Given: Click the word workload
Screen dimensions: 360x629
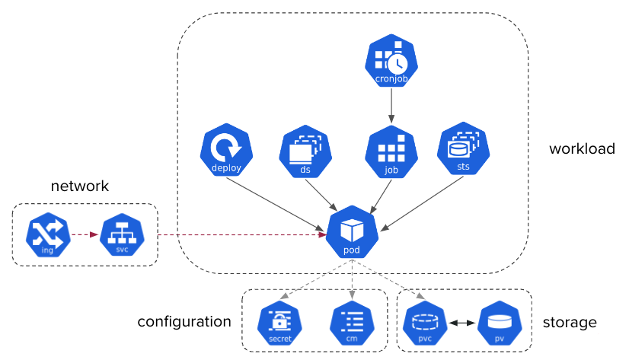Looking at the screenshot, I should [582, 149].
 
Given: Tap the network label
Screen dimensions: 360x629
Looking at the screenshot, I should [80, 186].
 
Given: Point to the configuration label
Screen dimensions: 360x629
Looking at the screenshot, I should [184, 322].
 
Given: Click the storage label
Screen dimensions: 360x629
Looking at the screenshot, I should [570, 323].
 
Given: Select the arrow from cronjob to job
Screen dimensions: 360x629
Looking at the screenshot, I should [391, 105].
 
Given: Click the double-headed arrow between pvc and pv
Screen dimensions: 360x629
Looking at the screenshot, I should [461, 323].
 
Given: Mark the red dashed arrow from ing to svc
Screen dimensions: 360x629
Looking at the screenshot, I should [85, 234].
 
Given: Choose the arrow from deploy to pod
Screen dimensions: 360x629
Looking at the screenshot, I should [276, 202].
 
